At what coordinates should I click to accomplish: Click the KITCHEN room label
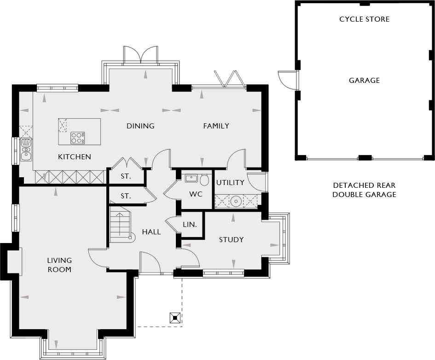tap(74, 157)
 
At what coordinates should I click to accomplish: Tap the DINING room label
tap(140, 126)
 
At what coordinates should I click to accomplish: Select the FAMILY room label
tap(216, 126)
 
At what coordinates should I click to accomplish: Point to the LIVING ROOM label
tap(59, 265)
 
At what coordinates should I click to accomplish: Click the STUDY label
tap(231, 239)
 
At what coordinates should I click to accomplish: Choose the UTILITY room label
tap(230, 182)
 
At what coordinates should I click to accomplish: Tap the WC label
tap(196, 194)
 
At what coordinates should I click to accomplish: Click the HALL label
tap(151, 232)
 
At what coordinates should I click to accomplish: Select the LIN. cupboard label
tap(190, 225)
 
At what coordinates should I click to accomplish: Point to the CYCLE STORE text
tap(364, 19)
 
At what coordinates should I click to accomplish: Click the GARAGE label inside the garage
tap(364, 80)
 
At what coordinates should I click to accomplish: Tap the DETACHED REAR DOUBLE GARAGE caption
tap(364, 190)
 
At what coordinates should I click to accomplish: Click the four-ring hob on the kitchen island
tap(77, 137)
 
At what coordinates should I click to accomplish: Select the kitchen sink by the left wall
tap(26, 149)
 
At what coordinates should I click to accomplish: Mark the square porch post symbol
tap(175, 318)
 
